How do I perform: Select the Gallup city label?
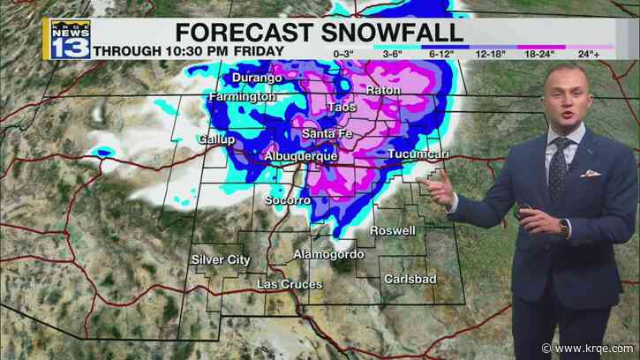(216, 139)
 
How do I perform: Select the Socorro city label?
(288, 201)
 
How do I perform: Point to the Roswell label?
(393, 230)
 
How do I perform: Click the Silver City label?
(221, 259)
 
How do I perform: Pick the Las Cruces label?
(286, 284)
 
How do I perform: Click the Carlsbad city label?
(408, 278)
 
